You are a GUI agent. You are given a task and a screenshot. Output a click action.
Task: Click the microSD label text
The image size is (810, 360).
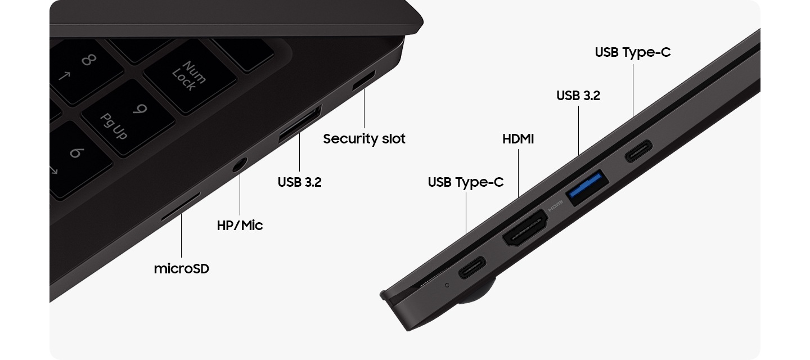[182, 268]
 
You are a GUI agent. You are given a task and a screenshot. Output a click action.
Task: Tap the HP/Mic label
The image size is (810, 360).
[240, 225]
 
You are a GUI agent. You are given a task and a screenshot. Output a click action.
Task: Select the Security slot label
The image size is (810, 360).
[364, 139]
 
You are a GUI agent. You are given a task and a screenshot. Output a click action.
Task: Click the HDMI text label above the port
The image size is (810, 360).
[518, 139]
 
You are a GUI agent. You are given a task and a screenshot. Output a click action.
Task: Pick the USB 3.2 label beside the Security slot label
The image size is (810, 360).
[299, 182]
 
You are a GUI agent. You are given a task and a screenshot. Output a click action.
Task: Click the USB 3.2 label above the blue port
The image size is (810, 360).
[578, 96]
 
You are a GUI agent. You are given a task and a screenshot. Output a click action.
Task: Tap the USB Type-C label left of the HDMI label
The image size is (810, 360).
[465, 182]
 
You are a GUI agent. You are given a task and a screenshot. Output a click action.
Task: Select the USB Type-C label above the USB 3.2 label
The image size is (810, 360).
[632, 52]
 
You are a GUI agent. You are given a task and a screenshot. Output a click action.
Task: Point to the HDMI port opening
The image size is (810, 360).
[525, 228]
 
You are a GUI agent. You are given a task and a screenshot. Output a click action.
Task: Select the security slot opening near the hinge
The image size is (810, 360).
[364, 79]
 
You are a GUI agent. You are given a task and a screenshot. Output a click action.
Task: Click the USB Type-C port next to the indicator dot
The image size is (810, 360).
[472, 267]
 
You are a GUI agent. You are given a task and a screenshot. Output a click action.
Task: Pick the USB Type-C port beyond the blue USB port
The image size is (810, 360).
[638, 151]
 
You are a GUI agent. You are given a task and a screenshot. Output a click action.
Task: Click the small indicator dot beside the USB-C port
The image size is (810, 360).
[447, 285]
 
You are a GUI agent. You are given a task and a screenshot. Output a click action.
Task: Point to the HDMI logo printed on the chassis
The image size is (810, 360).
[555, 205]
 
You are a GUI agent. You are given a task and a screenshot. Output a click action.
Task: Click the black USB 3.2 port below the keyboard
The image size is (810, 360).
[300, 124]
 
